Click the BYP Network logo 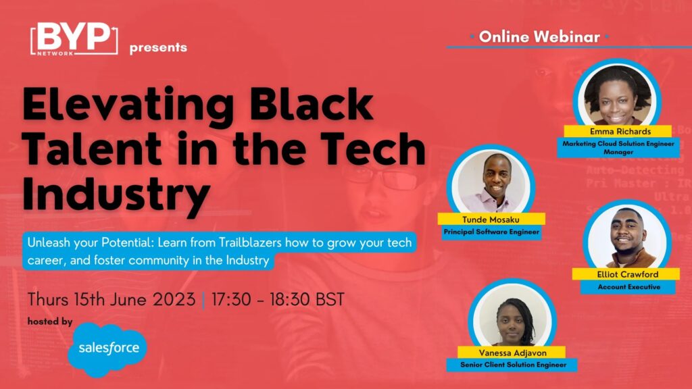click(x=74, y=38)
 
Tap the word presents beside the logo click(x=158, y=48)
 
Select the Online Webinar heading click(x=539, y=36)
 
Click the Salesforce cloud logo click(x=107, y=349)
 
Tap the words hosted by click(x=50, y=321)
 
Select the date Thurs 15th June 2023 click(x=112, y=299)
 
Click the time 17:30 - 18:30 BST click(x=278, y=299)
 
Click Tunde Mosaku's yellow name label click(x=491, y=219)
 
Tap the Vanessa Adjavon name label click(x=512, y=353)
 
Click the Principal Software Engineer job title click(x=491, y=232)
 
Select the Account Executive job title click(x=628, y=287)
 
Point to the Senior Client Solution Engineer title click(x=512, y=365)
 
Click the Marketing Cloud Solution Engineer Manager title click(x=618, y=148)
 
